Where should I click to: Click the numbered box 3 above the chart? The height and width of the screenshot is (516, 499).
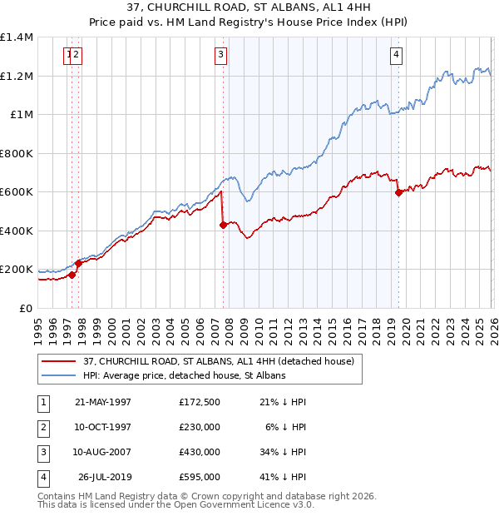(x=220, y=56)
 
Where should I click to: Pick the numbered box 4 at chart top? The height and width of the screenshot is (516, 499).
(x=397, y=56)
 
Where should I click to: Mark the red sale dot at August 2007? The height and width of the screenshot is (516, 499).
(x=223, y=225)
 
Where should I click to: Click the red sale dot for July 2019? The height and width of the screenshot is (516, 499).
(x=398, y=193)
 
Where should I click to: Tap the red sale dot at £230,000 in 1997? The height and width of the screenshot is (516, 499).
(x=78, y=264)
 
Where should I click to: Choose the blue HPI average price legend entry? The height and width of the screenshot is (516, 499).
(x=184, y=375)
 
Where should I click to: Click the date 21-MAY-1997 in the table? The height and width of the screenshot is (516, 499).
(x=102, y=402)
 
